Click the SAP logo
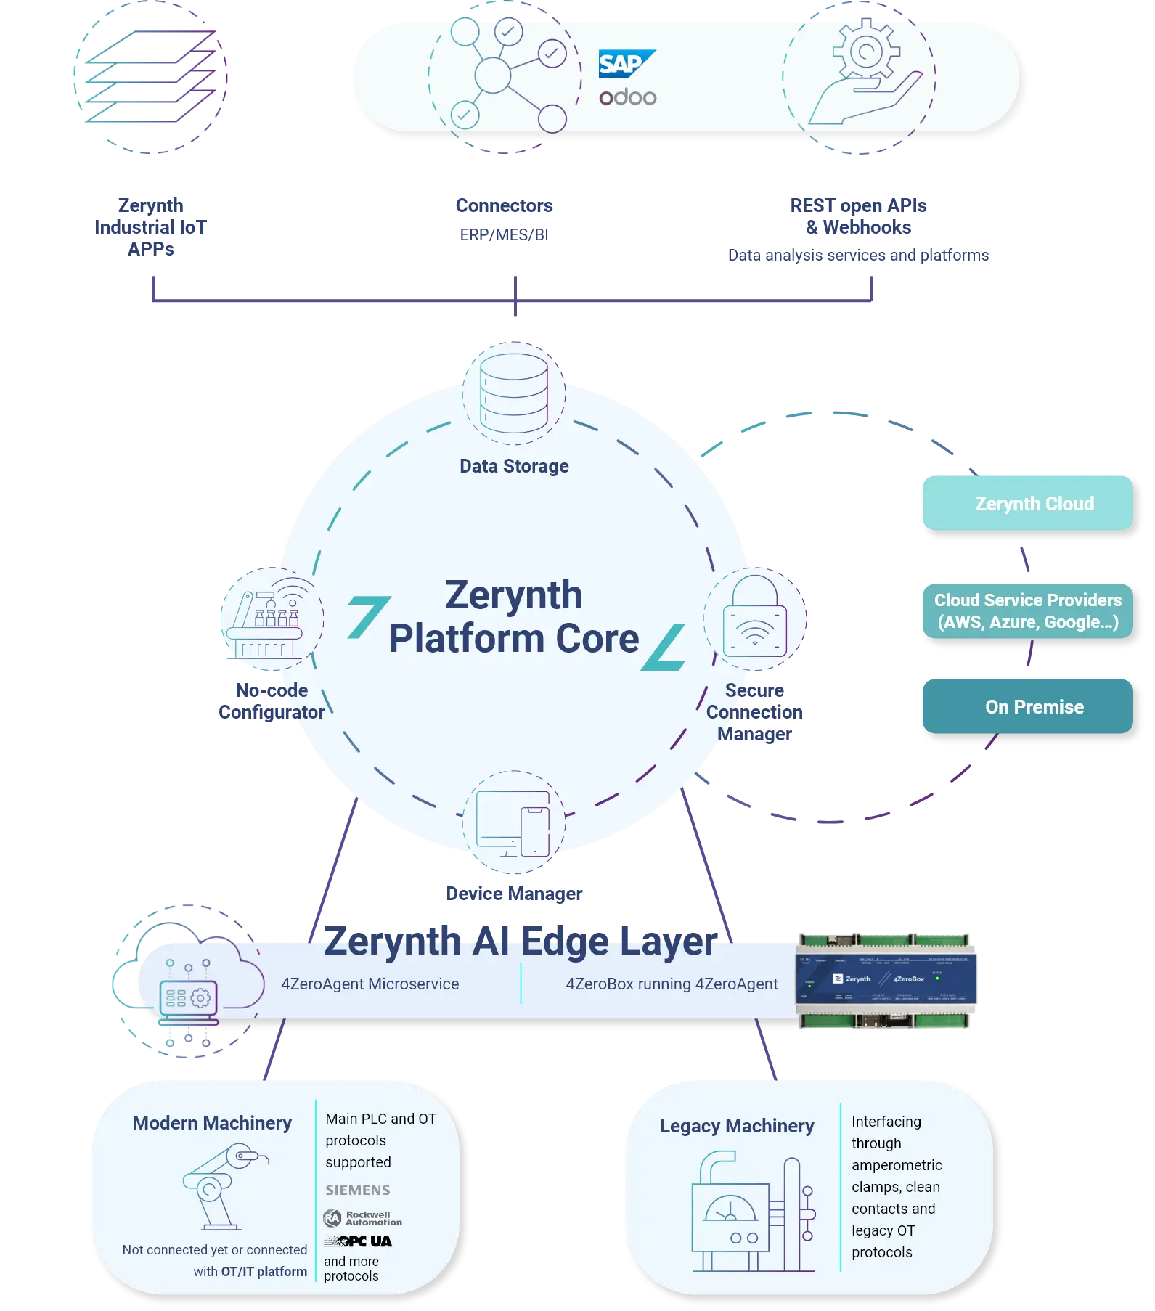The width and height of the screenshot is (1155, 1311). [x=625, y=64]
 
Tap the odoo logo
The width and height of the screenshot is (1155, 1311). [x=628, y=97]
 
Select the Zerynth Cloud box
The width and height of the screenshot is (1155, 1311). [x=1027, y=503]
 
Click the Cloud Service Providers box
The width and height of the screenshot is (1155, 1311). [x=1027, y=610]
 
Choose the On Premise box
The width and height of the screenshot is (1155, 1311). [x=1027, y=706]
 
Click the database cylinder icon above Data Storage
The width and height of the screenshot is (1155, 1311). [x=514, y=392]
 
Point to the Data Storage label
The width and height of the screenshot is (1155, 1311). [x=514, y=466]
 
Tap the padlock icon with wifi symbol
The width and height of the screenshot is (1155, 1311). [x=755, y=616]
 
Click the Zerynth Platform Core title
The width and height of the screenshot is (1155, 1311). [x=514, y=616]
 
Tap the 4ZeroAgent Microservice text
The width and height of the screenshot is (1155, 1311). [x=370, y=984]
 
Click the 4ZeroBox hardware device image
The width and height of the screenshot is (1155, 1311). [x=886, y=980]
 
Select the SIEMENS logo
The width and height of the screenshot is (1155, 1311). [x=358, y=1190]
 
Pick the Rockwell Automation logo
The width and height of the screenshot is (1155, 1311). [x=363, y=1218]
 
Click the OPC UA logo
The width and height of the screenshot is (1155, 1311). [x=359, y=1241]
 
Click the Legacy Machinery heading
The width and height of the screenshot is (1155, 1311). [x=737, y=1126]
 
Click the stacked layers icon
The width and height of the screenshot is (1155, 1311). [x=149, y=76]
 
